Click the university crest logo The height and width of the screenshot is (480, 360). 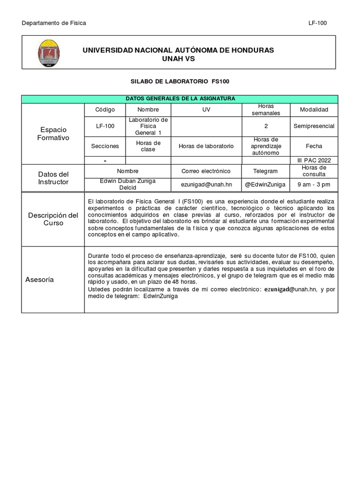click(48, 53)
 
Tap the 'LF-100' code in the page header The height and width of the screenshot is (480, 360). click(317, 23)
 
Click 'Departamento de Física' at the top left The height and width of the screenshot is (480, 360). click(54, 23)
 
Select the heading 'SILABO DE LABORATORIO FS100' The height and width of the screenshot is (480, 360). click(180, 82)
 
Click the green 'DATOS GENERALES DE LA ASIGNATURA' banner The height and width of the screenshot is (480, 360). click(180, 98)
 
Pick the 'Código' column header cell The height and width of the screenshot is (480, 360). click(105, 110)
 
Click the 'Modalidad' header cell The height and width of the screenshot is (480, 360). click(314, 110)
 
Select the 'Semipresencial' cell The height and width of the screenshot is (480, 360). click(314, 126)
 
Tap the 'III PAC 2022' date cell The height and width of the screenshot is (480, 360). click(314, 160)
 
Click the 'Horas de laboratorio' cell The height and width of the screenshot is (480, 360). click(206, 146)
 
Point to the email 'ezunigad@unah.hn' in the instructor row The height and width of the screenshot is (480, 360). click(206, 185)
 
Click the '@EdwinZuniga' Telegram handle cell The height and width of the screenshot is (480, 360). click(265, 185)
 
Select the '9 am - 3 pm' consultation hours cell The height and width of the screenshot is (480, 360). click(314, 185)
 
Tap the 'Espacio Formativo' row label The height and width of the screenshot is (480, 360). click(53, 134)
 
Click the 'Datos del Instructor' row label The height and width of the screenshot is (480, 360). click(53, 178)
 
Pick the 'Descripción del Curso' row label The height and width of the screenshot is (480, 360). click(53, 219)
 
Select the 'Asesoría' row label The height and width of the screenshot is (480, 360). click(40, 280)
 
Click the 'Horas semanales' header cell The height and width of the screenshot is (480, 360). click(265, 110)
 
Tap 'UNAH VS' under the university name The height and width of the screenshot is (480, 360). click(178, 59)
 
